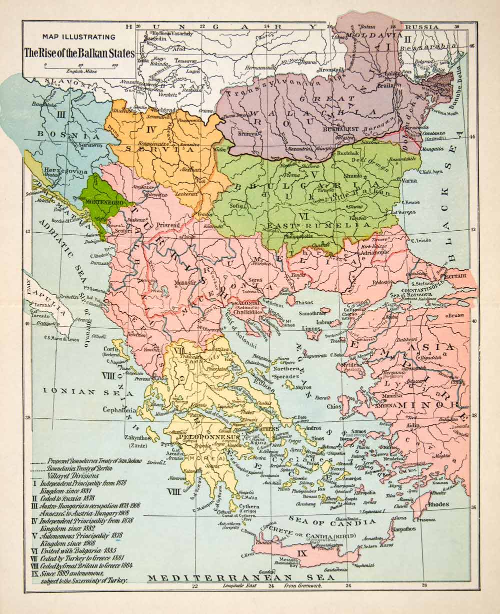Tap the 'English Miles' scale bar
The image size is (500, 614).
pyautogui.click(x=80, y=66)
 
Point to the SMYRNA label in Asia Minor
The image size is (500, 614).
pyautogui.click(x=395, y=406)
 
